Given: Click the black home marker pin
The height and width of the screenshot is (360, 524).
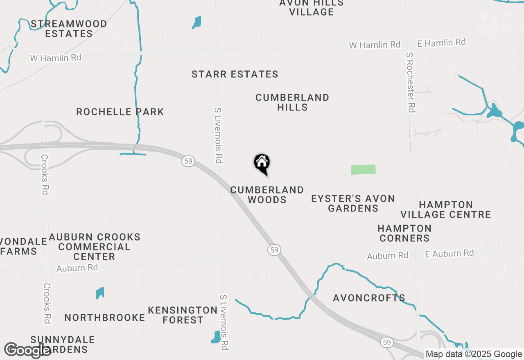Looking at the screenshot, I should coord(262,163).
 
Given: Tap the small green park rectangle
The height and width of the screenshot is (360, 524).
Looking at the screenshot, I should coord(363,169).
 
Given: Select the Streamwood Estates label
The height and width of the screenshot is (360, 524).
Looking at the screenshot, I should coord(69,29).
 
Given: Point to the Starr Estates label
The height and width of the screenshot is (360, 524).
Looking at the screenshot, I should coord(235,74).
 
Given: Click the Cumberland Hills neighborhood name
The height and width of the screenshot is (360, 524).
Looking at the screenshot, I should coord(292,102).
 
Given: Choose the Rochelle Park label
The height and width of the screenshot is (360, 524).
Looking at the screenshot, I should coord(120,112).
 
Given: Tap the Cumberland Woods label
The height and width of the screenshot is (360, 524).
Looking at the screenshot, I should coord(267,195).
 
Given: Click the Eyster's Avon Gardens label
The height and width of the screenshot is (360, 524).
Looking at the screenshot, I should coord(353,203).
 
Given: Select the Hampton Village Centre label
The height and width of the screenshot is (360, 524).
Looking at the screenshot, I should coord(446,209).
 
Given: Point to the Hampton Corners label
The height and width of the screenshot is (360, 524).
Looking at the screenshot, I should coord(404,233).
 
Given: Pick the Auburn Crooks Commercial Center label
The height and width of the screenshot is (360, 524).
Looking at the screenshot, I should coord(95,247).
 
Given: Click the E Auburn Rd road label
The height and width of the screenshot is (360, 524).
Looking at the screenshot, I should coord(449,254).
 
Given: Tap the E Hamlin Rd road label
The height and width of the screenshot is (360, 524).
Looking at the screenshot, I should coord(441,43).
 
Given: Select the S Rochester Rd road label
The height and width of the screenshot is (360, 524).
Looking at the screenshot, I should coord(411,82).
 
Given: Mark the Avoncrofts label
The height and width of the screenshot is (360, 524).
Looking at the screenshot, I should coord(369,298).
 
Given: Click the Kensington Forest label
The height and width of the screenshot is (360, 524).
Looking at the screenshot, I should coord(183,315).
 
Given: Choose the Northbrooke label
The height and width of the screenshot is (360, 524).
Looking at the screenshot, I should coord(105,317).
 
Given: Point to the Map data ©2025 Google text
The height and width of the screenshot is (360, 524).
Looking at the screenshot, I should coord(474,354).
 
